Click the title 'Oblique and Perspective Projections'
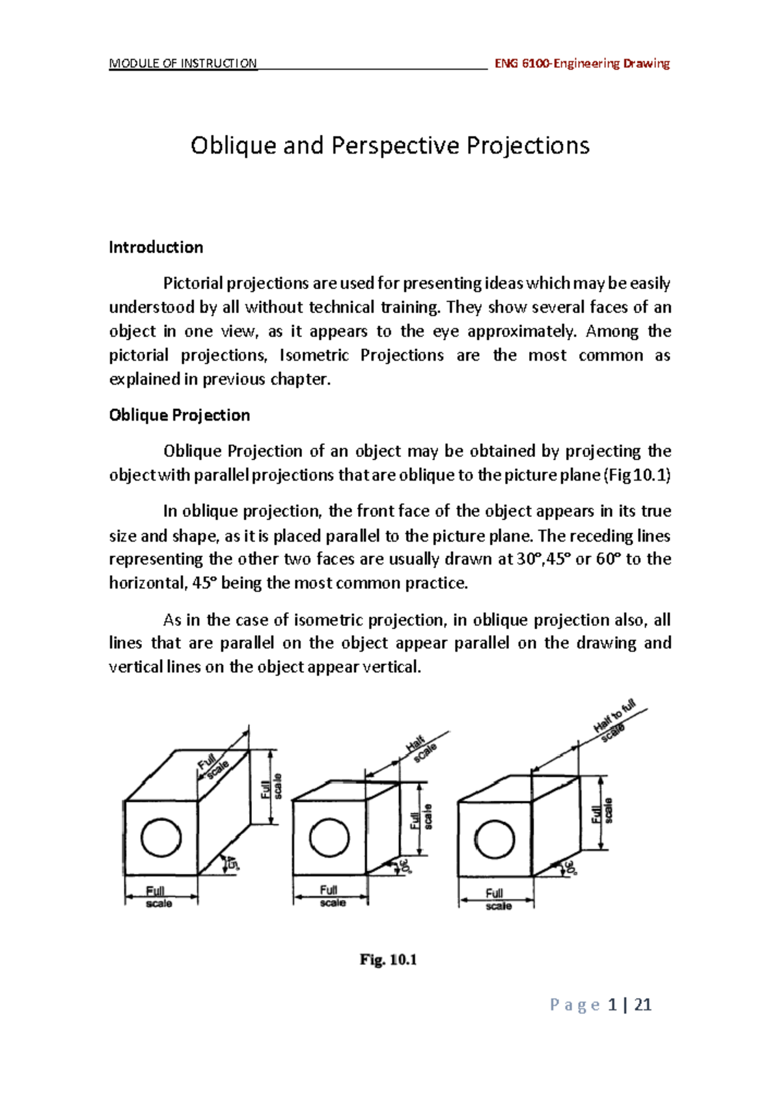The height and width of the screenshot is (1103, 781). point(390,145)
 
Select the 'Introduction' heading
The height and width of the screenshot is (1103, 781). point(156,247)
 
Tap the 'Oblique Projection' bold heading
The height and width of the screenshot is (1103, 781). point(179,415)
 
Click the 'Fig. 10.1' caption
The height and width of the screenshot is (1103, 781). point(388,959)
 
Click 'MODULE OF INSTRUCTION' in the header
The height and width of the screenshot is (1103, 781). point(183,63)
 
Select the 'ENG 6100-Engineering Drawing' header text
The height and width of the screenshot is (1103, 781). point(582,63)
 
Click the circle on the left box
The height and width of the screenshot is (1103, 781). point(161,837)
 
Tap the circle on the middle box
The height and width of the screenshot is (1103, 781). point(329,838)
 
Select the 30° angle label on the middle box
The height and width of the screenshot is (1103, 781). point(406,865)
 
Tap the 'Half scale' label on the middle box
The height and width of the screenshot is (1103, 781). point(420,749)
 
